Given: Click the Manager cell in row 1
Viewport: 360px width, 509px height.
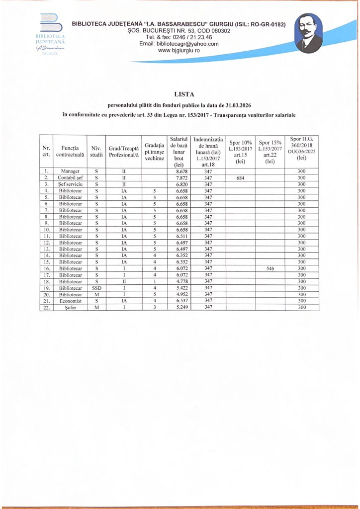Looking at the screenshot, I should coord(70,171).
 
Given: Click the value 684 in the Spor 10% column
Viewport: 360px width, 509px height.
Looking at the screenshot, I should coord(240,177).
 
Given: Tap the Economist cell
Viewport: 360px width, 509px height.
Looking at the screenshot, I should coord(70,301).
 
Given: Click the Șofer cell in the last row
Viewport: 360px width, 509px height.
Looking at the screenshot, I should coord(70,307).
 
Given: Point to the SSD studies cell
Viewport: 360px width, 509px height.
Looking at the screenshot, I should coord(96,288).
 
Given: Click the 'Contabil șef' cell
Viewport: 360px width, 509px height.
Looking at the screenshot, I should coord(70,177).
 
